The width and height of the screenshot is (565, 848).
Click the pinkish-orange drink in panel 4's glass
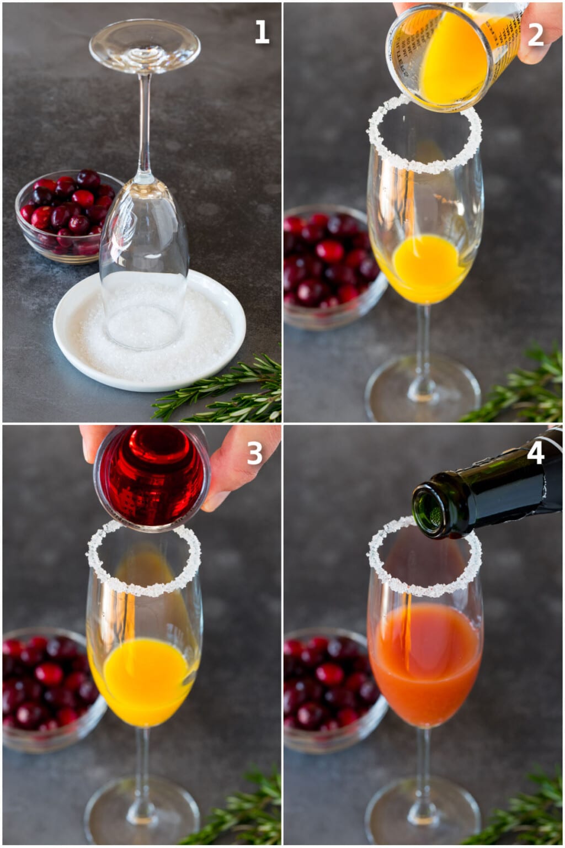pos(425,662)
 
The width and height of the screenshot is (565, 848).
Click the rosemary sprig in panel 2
pos(519,386)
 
